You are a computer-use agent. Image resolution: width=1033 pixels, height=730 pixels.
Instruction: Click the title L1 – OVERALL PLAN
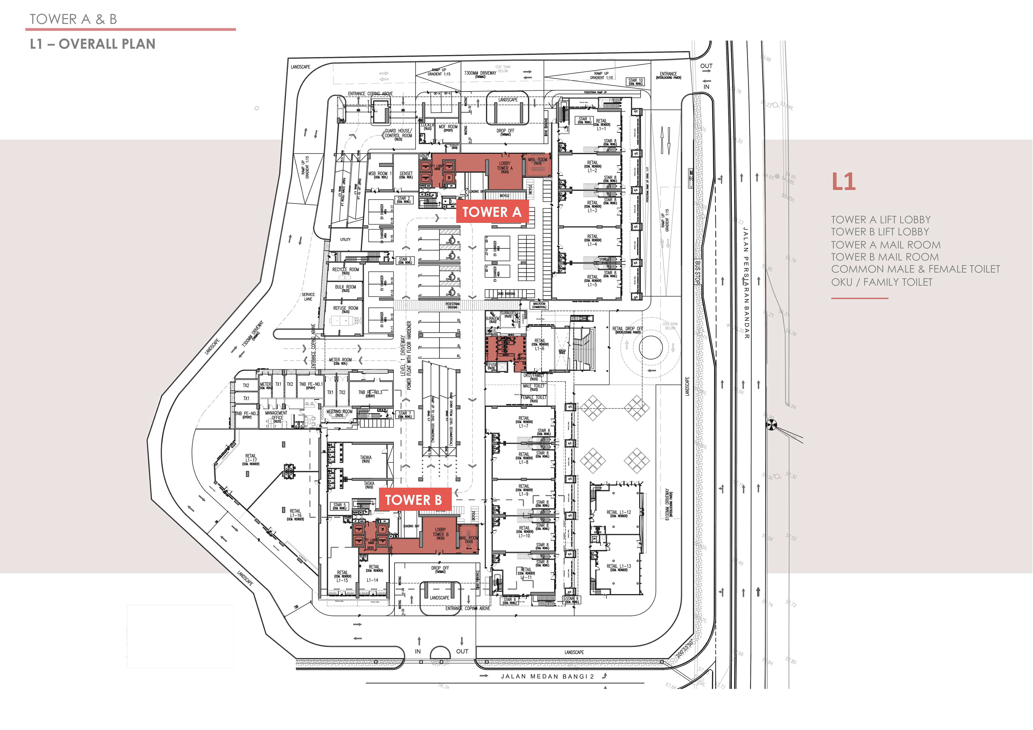click(x=93, y=44)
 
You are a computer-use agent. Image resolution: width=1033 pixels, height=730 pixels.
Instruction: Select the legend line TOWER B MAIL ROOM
click(x=885, y=257)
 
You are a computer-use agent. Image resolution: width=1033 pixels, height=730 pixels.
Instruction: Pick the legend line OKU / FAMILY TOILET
click(x=881, y=282)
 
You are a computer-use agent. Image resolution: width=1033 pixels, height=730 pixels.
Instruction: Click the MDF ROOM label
click(x=448, y=128)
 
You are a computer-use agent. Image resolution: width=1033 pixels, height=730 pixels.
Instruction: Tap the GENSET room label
click(x=406, y=175)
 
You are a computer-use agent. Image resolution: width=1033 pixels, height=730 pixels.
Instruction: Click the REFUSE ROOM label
click(x=345, y=309)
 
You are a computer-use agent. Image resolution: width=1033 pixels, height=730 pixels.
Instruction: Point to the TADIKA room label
click(x=366, y=459)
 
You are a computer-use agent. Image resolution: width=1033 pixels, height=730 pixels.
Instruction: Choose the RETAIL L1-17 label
click(x=251, y=459)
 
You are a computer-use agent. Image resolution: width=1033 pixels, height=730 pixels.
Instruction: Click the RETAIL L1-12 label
click(x=619, y=513)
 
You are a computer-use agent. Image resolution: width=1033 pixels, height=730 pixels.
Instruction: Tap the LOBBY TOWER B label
click(x=440, y=533)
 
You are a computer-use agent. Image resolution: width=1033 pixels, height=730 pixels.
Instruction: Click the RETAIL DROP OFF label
click(x=628, y=330)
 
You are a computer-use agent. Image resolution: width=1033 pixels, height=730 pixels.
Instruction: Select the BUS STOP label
click(x=697, y=272)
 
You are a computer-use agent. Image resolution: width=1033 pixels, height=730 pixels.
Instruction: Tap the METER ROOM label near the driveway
click(x=340, y=361)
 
